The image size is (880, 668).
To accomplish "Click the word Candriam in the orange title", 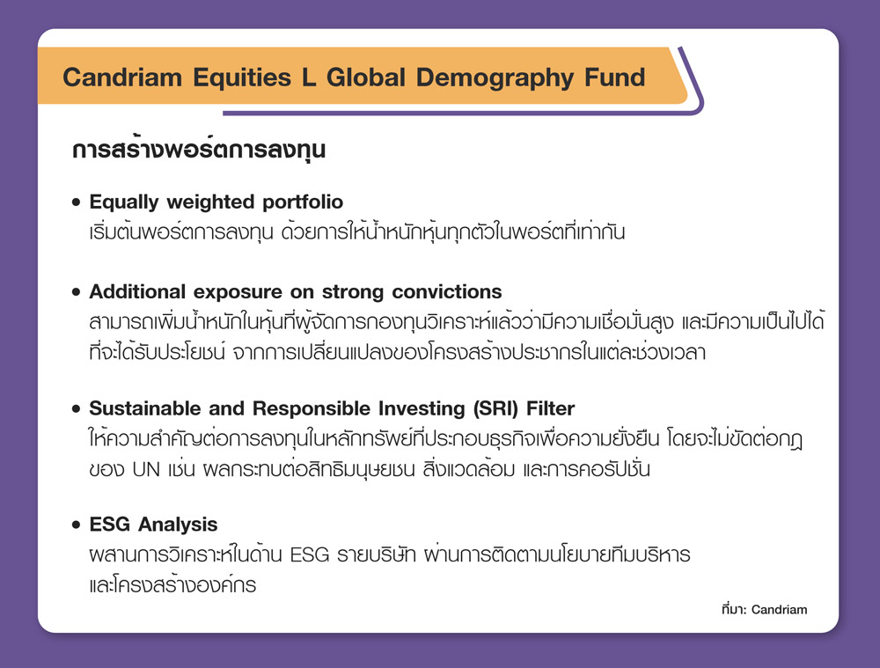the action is (x=121, y=77).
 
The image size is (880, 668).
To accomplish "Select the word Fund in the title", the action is (x=614, y=77).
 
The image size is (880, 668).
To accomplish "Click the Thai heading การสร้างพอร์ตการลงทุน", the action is (x=199, y=150).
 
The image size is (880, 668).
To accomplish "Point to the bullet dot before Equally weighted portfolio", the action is (x=77, y=202).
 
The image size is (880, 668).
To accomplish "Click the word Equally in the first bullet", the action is (x=124, y=202).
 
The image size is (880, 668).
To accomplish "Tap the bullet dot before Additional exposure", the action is (x=77, y=292).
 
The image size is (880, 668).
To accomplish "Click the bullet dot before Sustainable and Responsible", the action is (x=77, y=408).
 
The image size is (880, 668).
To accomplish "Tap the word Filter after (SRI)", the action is (x=550, y=408).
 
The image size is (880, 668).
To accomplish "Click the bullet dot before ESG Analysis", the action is (x=77, y=525).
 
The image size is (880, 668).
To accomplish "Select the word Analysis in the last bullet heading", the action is (x=178, y=525).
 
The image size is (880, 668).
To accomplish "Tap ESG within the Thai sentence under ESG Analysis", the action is (x=309, y=555).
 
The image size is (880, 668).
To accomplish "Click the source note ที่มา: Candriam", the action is (x=765, y=609).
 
